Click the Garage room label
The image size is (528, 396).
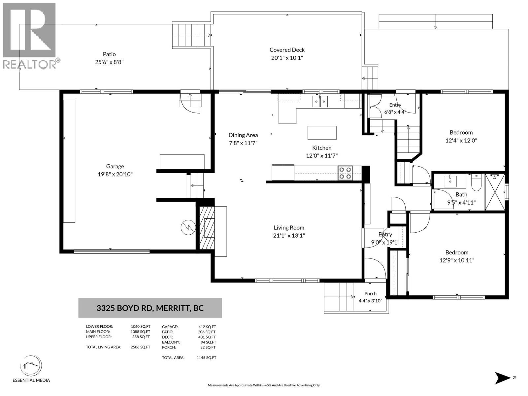tap(115, 166)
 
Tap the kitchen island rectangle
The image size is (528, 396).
tap(322, 133)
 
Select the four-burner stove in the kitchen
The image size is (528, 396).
tap(345, 173)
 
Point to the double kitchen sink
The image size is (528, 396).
tap(320, 101)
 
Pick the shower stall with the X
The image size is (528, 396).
tap(495, 192)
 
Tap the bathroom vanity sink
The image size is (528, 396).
tap(449, 181)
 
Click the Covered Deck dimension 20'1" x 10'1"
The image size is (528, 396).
tap(287, 58)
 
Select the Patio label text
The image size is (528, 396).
tap(109, 54)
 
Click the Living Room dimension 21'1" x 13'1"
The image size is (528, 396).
tap(289, 235)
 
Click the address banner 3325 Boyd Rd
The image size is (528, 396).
tap(150, 308)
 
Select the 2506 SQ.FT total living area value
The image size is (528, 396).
tap(141, 347)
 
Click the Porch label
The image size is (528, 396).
tap(371, 294)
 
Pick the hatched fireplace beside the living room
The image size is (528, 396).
tap(207, 228)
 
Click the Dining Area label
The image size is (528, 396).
tap(243, 135)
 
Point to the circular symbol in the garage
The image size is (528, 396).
tap(188, 227)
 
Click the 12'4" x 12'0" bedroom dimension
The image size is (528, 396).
tap(461, 141)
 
